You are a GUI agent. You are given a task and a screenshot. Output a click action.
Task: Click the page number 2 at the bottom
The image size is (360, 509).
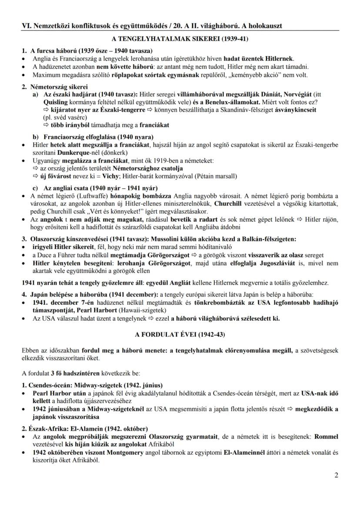click(x=336, y=475)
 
